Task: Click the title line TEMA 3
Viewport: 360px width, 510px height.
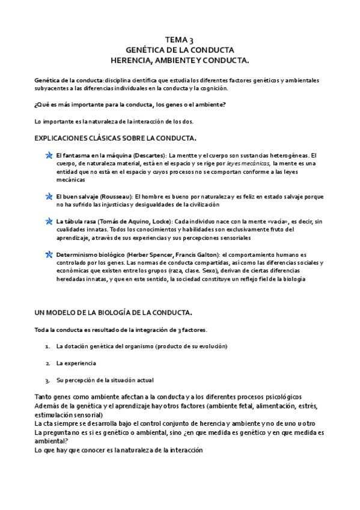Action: point(180,40)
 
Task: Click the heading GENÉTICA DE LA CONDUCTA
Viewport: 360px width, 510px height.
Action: point(180,50)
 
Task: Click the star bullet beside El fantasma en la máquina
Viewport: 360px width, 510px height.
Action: point(49,156)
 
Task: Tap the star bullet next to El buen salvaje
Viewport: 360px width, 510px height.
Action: point(49,197)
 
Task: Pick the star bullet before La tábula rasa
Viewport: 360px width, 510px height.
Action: point(49,222)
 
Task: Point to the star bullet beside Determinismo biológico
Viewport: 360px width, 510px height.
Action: point(49,255)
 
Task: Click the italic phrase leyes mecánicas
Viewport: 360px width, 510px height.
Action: point(248,163)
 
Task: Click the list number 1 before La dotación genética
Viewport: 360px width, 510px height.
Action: point(47,347)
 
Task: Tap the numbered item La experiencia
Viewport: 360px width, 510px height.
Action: point(76,363)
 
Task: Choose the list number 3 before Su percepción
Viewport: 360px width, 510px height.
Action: point(47,380)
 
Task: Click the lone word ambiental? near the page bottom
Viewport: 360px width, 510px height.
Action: point(52,440)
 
